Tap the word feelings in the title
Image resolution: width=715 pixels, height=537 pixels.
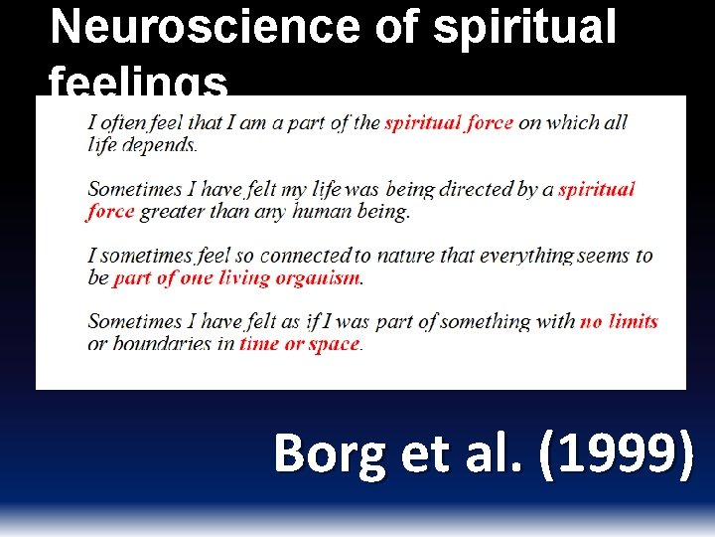138,84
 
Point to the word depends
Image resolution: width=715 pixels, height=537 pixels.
163,145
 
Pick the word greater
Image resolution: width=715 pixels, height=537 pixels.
175,211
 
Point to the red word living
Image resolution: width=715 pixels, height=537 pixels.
229,278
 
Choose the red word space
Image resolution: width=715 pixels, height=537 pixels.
334,344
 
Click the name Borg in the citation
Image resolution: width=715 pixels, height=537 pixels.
329,453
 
